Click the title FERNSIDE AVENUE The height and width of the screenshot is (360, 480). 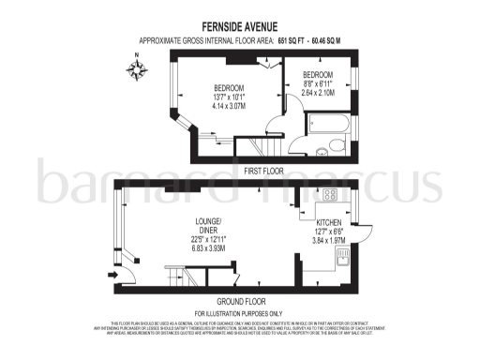(239, 27)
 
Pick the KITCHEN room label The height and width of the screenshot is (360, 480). (328, 223)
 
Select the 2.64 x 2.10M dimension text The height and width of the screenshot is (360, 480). (319, 93)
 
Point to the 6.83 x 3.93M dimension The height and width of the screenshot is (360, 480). (207, 249)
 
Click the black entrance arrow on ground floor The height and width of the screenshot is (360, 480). (113, 276)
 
